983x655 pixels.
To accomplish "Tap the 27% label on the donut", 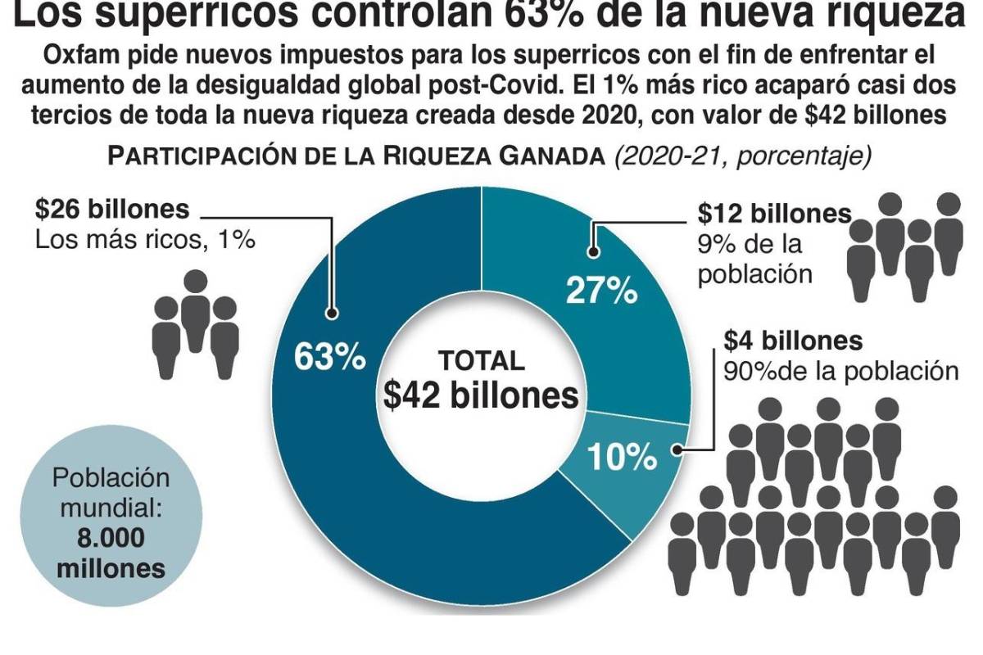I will (602, 290).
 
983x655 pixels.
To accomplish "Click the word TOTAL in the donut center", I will (481, 360).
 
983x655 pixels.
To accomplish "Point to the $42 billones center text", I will (481, 395).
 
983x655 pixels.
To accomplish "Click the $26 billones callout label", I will (112, 210).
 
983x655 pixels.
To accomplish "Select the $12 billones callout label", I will (774, 214).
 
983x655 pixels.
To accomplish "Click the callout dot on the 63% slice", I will (332, 312).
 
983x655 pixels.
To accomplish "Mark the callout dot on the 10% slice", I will (677, 448).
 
